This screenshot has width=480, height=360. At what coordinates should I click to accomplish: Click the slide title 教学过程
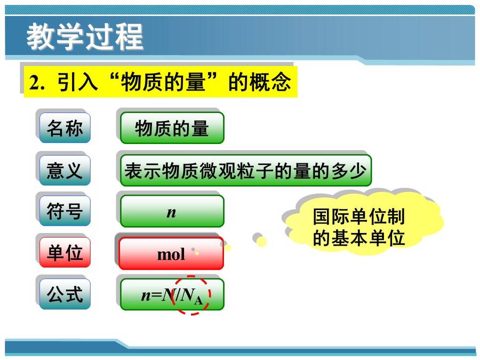tap(85, 36)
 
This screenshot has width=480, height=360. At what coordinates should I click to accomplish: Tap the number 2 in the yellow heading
tap(34, 82)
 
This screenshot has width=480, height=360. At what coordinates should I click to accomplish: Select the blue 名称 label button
tap(65, 127)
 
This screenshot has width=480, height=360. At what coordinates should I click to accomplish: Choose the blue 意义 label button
tap(65, 170)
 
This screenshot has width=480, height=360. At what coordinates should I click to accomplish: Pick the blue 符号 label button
tap(65, 211)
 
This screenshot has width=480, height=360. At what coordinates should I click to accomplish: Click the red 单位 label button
tap(65, 252)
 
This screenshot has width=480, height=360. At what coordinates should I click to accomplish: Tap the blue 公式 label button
tap(65, 294)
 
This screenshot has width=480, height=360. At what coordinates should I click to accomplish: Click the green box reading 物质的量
tap(172, 127)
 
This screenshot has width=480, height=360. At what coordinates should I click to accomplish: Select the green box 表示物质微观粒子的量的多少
tap(246, 171)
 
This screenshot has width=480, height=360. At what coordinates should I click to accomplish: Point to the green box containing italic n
tap(172, 211)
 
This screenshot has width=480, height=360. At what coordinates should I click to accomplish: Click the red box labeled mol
tap(171, 253)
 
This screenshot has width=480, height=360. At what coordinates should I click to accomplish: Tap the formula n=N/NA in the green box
tap(172, 295)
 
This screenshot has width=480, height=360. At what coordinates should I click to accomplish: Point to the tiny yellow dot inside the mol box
tap(197, 253)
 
